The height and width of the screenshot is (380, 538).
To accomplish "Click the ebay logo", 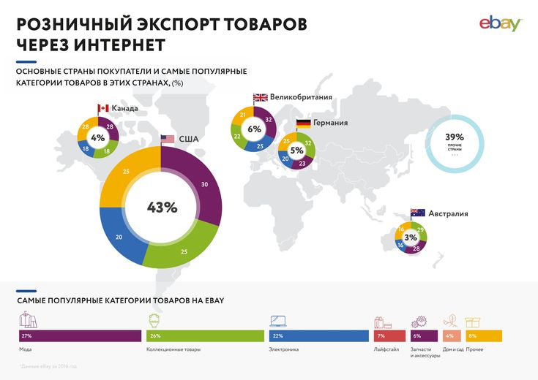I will click(501, 23).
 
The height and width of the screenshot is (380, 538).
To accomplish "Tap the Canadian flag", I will click(102, 109).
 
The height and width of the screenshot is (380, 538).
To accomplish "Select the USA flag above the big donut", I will click(168, 139).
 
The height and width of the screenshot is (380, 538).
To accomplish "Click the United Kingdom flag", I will click(260, 97).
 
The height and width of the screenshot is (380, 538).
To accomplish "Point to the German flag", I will click(303, 123).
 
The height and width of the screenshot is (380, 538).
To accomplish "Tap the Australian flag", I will click(418, 213).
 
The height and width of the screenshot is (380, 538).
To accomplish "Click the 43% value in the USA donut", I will click(162, 208).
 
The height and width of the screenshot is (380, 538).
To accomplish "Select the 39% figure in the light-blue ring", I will click(455, 137).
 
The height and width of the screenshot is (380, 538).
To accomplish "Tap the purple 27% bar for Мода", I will click(80, 336).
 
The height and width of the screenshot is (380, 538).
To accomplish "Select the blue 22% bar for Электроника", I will click(318, 336).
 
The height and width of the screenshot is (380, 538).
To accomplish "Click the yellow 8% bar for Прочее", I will click(484, 336).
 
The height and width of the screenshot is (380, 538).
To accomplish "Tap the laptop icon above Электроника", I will click(278, 322).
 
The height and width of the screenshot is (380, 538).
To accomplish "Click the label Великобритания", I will click(302, 97).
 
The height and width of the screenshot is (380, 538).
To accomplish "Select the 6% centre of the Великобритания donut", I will click(255, 129).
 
